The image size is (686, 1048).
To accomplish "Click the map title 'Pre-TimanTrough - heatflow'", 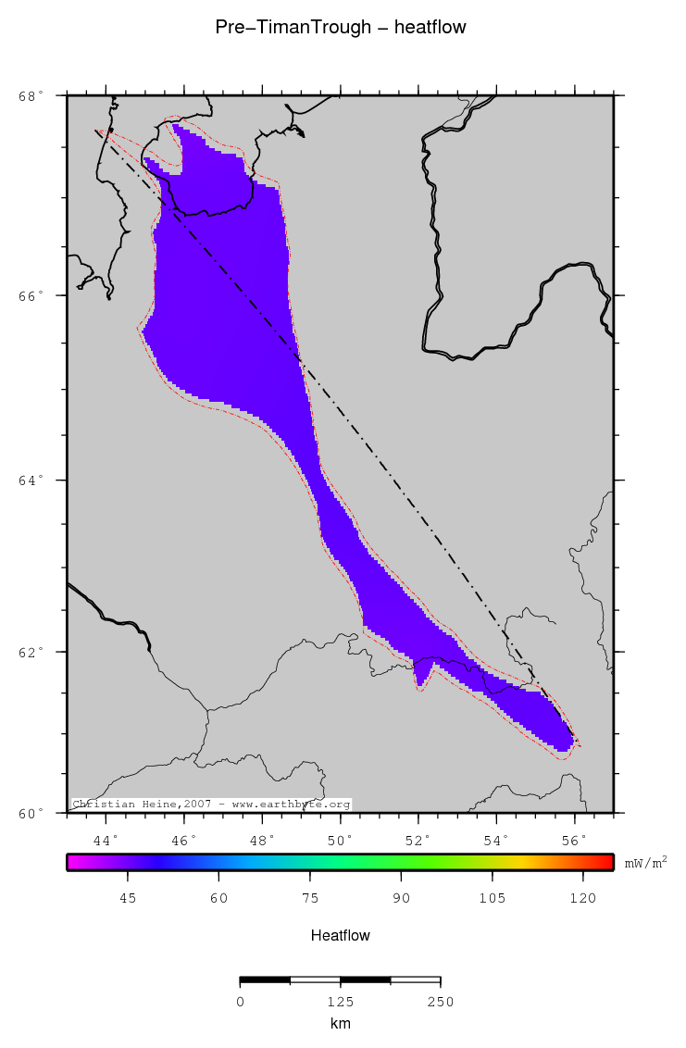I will (341, 28).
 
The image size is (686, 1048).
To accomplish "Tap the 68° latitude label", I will (32, 95).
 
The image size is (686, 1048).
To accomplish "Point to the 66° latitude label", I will (32, 296).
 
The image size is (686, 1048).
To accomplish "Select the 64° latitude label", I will (32, 480).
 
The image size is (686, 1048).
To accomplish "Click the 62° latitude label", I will (32, 652).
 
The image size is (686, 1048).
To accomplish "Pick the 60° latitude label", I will (32, 814).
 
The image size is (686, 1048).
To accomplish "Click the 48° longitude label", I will (262, 840).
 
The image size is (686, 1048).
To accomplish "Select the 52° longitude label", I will (418, 840).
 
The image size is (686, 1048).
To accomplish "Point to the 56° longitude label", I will (574, 840).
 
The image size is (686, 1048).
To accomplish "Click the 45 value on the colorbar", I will (128, 897).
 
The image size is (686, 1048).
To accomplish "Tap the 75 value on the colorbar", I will (310, 897).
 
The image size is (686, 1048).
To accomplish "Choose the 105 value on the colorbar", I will (493, 897).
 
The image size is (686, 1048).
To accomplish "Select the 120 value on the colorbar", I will (583, 897).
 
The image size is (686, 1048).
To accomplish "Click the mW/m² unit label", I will (645, 862).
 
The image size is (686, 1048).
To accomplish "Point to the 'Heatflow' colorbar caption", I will (341, 936).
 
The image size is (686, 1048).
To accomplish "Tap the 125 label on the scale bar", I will (340, 1002).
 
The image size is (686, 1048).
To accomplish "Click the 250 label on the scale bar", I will (440, 1002).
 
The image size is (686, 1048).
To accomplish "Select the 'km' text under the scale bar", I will (340, 1024).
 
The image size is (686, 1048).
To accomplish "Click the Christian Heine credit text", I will (211, 805).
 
